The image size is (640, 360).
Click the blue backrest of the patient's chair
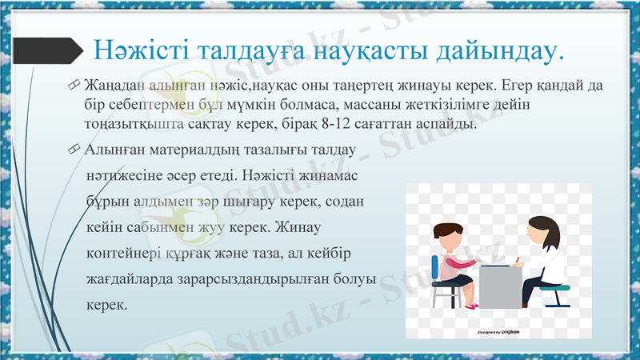pos(435,266)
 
